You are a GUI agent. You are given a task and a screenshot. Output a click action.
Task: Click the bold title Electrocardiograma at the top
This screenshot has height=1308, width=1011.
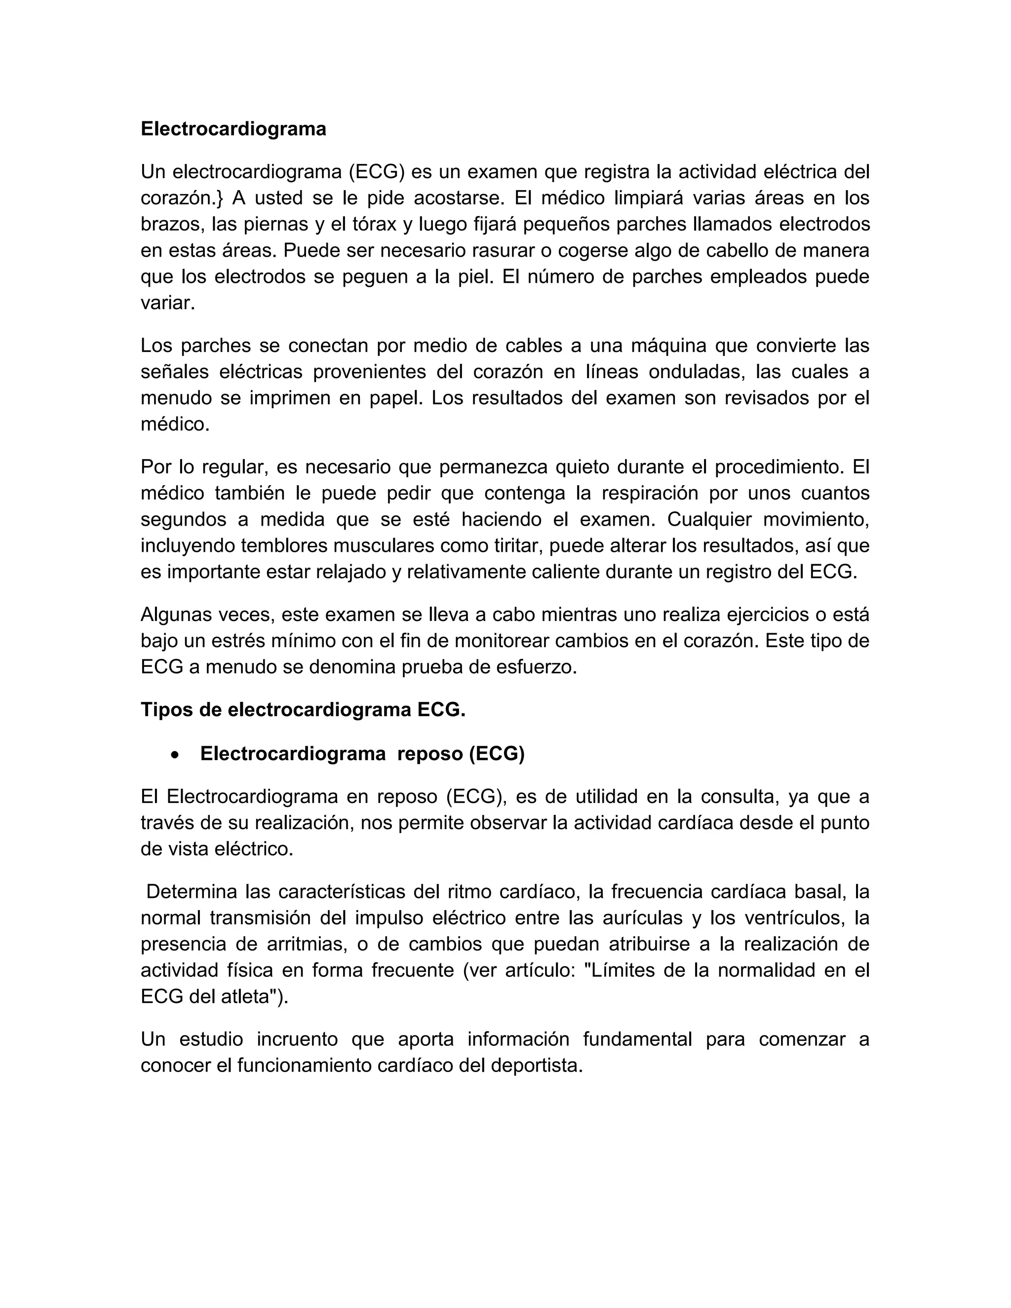point(233,129)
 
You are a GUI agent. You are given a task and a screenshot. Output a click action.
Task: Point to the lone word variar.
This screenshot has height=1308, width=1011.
point(168,303)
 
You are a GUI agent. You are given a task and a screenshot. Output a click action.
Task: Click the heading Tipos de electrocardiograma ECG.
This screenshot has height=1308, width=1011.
point(303,710)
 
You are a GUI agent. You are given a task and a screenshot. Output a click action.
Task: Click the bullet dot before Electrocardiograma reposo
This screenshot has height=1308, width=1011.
point(174,756)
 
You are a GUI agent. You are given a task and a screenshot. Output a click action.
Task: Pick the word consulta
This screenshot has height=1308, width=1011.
point(738,797)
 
